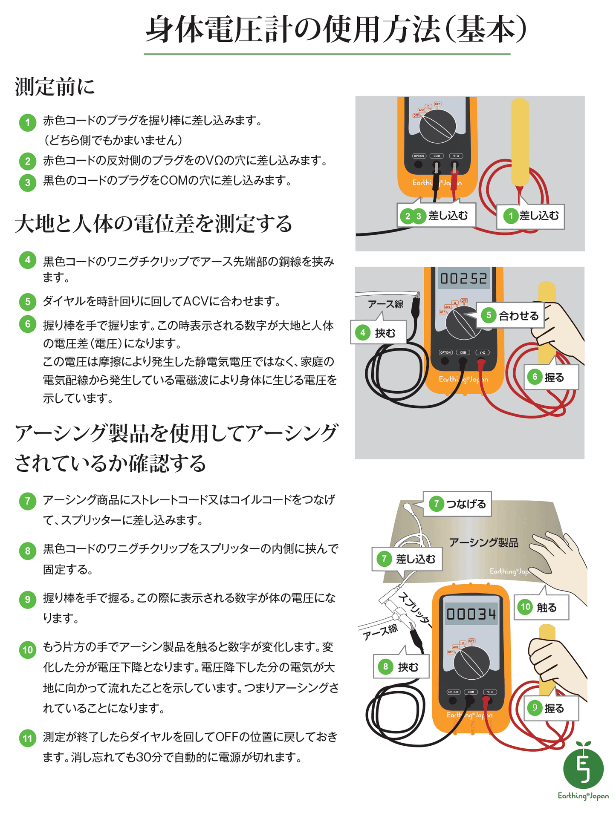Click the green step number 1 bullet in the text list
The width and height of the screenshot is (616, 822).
28,123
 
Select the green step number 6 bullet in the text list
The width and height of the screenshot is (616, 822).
28,325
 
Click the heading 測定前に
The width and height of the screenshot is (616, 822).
55,87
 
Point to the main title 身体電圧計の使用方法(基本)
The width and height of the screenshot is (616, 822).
336,30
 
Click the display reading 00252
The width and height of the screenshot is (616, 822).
463,279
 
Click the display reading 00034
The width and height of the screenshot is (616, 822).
471,614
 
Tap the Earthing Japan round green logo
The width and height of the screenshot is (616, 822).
583,770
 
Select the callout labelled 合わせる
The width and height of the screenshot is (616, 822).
510,316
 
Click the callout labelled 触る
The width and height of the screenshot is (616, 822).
541,607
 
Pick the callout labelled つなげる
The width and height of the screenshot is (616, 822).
457,504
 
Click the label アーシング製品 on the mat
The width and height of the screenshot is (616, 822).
483,542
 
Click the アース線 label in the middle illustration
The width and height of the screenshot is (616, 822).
385,304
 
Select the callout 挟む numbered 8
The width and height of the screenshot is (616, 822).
401,667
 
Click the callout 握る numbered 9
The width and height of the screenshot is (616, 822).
551,709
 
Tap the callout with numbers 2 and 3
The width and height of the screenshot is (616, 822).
436,216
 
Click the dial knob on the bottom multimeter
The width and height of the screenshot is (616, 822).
471,663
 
